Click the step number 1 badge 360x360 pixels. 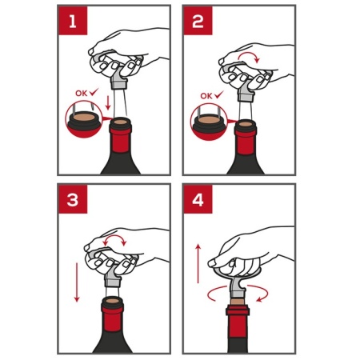tap(73, 21)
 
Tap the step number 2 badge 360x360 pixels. tap(198, 21)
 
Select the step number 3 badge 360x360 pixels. tap(73, 199)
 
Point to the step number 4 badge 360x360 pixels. tap(198, 199)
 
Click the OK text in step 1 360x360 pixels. tap(81, 94)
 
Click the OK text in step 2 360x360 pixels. tap(206, 96)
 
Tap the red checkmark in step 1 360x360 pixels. tap(94, 92)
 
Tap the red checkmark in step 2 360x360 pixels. tap(219, 94)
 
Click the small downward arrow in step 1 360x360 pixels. tap(108, 103)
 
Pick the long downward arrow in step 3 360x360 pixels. tap(77, 282)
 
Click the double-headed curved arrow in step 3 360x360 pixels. tap(115, 236)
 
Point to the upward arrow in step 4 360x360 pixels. tap(198, 263)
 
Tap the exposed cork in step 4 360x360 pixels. tap(236, 302)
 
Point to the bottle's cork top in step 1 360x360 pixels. tap(121, 122)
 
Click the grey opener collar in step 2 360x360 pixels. tap(246, 95)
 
